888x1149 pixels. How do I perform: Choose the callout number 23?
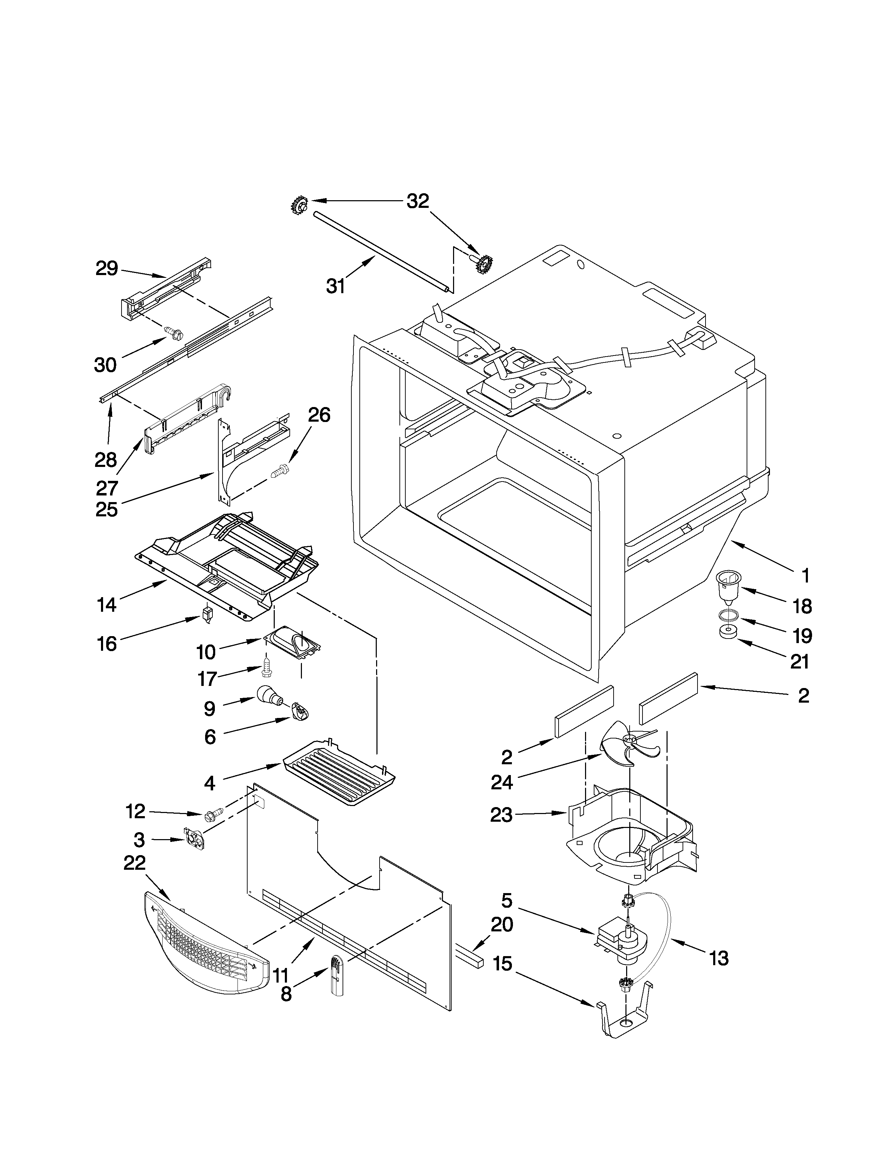[501, 815]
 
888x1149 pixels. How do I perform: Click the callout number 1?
[805, 576]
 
